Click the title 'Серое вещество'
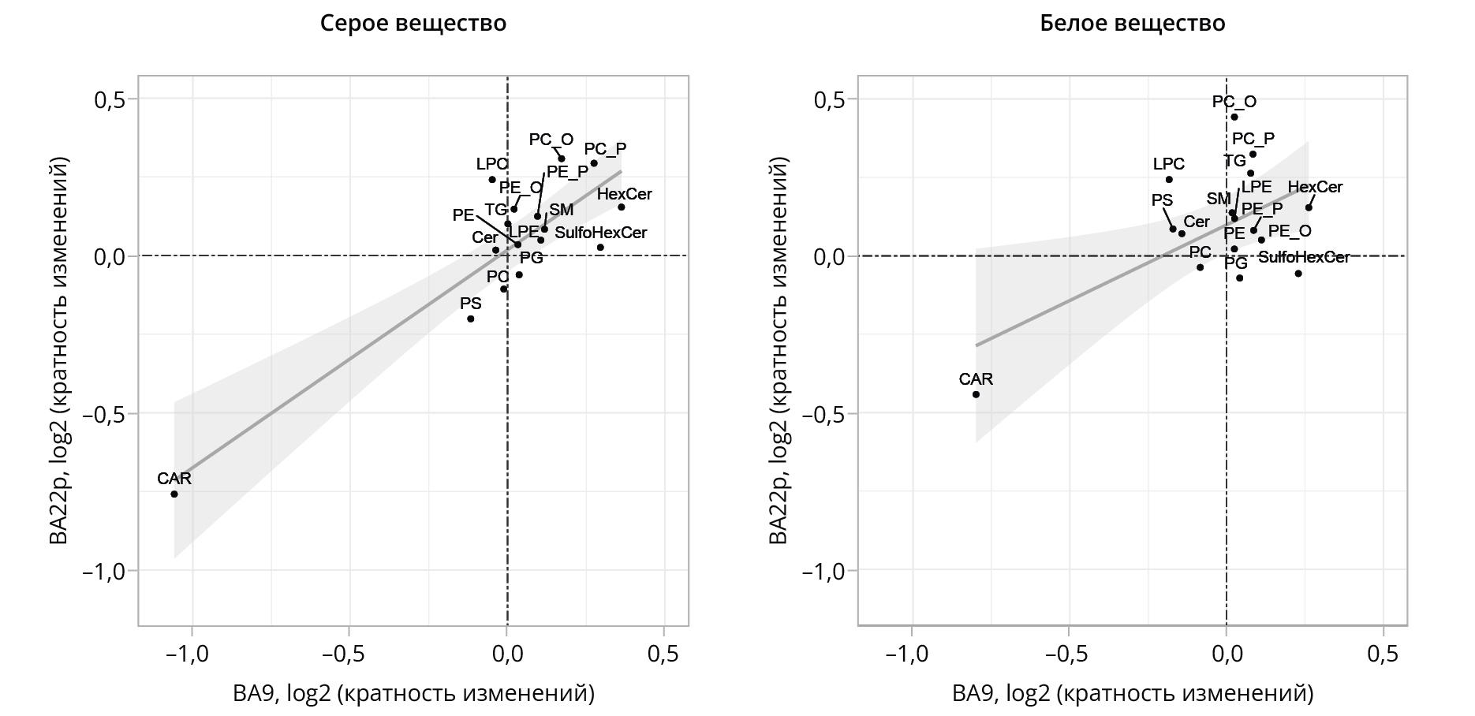(x=413, y=24)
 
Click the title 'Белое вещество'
(x=1132, y=24)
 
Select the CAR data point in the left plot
(x=174, y=494)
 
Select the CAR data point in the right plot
(x=976, y=394)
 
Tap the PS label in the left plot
(x=471, y=304)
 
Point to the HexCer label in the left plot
(x=625, y=194)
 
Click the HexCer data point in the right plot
(x=1309, y=207)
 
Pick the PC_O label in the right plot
(x=1234, y=102)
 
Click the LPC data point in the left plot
(x=492, y=180)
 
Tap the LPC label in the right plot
(x=1169, y=164)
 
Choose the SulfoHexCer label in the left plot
(x=601, y=233)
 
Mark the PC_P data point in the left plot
(x=594, y=163)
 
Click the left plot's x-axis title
(x=413, y=693)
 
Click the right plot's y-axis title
(x=779, y=351)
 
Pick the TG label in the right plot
(x=1234, y=161)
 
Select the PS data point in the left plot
(x=471, y=319)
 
